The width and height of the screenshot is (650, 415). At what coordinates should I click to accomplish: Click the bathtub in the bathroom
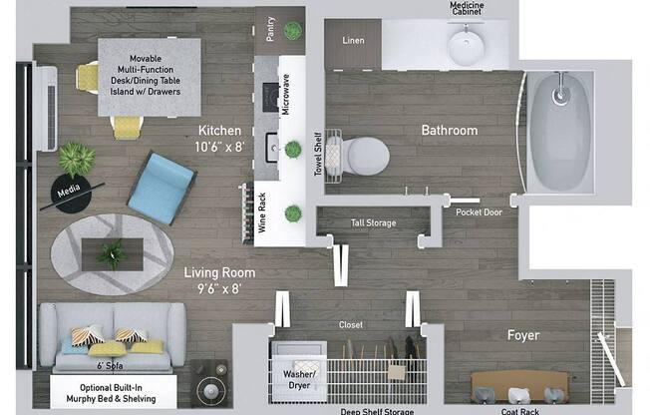559,132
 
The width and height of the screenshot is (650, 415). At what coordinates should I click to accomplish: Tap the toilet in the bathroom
364,154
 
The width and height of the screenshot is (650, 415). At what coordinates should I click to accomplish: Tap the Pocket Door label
479,211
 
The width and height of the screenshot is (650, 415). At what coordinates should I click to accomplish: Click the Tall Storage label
373,222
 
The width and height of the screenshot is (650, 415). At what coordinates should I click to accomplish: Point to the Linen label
353,41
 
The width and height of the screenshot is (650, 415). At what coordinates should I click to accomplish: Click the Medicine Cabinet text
467,9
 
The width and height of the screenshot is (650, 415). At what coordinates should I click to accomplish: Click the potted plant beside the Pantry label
292,30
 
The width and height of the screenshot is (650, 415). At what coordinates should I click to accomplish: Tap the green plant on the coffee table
111,251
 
